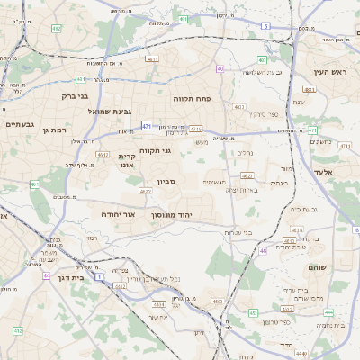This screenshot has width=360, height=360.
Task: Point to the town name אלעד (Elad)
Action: click(x=323, y=172)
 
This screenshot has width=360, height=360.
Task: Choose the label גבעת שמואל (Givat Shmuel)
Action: click(x=110, y=111)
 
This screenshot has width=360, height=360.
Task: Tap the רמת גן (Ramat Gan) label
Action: click(x=55, y=130)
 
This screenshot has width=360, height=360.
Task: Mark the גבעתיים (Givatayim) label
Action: click(x=20, y=124)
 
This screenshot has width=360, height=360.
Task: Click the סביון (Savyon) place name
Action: click(x=166, y=183)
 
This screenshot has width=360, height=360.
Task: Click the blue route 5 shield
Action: click(x=265, y=26)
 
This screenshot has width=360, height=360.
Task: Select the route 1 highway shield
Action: click(x=100, y=274)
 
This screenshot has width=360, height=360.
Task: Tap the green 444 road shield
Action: click(x=328, y=312)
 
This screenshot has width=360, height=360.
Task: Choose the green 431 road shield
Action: click(x=81, y=78)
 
